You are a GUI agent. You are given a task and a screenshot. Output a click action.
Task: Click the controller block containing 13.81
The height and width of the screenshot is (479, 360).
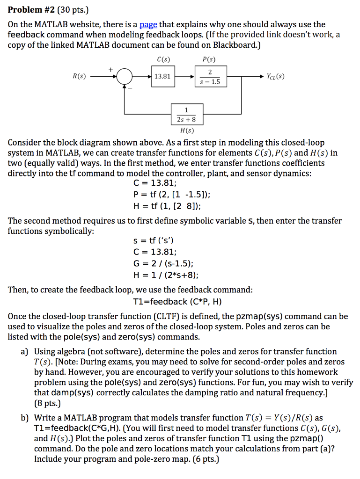tap(162, 76)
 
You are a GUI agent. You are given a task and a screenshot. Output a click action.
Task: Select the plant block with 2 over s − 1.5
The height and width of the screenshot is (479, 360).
tap(210, 76)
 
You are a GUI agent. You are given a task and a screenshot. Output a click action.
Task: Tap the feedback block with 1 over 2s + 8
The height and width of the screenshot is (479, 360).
tap(187, 115)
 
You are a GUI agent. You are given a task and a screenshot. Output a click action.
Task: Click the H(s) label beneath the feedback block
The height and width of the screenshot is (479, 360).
tap(187, 131)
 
